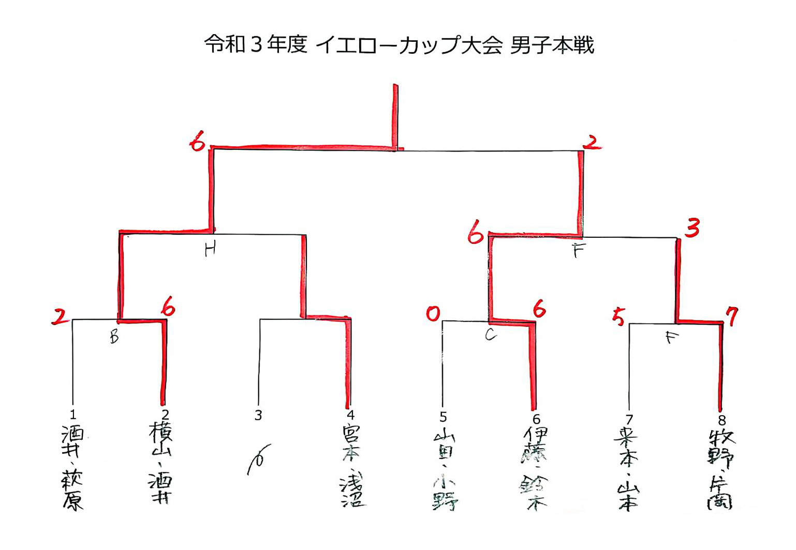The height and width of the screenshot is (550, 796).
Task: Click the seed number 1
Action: (x=73, y=414)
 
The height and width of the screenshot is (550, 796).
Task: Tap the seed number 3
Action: (x=258, y=415)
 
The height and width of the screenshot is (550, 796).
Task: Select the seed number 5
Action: (x=443, y=417)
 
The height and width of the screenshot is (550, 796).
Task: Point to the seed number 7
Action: (x=629, y=419)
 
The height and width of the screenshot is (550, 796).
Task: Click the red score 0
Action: (x=433, y=313)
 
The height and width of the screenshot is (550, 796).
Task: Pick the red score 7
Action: (x=731, y=316)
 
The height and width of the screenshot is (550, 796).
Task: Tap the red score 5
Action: (x=618, y=316)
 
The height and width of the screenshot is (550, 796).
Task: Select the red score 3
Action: (x=692, y=227)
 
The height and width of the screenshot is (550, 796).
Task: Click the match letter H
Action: (x=210, y=251)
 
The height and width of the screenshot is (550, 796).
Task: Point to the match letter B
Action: (x=114, y=337)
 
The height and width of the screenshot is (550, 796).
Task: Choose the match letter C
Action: (x=491, y=335)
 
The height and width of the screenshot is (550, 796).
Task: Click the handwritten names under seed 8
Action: (x=720, y=469)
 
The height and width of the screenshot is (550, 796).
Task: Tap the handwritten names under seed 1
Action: (x=73, y=467)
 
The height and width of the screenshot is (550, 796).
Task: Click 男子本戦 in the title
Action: (x=552, y=45)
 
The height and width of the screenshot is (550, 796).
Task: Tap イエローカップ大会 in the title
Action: (x=409, y=45)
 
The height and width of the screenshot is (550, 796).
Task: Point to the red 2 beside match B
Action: (x=60, y=316)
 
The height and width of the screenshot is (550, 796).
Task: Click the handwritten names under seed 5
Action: (x=444, y=469)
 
